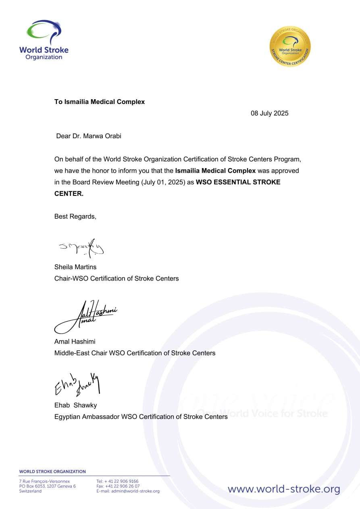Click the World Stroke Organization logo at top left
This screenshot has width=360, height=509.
[x=44, y=40]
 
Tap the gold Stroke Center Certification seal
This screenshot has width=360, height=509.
[x=290, y=46]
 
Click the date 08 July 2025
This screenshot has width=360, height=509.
[x=270, y=113]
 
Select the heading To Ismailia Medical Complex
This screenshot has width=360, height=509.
[x=100, y=102]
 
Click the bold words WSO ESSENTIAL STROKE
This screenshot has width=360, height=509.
[x=238, y=182]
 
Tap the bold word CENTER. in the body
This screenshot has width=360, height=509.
[x=69, y=193]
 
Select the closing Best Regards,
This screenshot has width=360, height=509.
[x=75, y=216]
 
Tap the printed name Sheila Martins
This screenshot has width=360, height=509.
[x=75, y=267]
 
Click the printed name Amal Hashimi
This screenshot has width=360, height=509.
[x=75, y=341]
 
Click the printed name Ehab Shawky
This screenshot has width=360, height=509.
[x=75, y=405]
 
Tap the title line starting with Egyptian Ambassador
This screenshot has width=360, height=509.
[x=141, y=416]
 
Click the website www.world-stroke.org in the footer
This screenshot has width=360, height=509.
[x=284, y=489]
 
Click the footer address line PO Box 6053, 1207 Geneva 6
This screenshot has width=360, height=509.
[x=47, y=486]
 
